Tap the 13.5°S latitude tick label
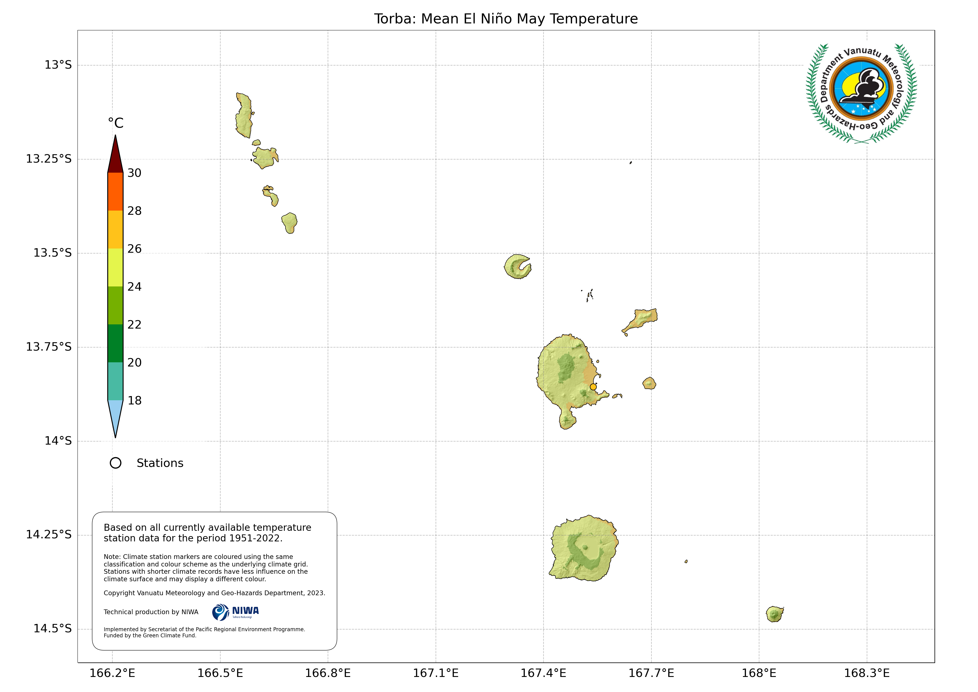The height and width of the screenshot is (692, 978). click(52, 253)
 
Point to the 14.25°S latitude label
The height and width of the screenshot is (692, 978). click(49, 534)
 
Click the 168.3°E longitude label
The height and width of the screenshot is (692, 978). click(866, 673)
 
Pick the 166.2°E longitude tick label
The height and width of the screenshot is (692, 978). click(112, 673)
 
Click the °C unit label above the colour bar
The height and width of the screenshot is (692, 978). click(115, 123)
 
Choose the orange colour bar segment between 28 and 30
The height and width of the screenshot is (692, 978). click(115, 192)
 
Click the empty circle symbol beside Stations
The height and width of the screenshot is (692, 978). click(115, 463)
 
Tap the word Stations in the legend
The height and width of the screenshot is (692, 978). click(160, 463)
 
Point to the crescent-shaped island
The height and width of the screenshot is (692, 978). click(516, 267)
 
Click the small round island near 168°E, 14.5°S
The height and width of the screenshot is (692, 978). click(774, 614)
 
